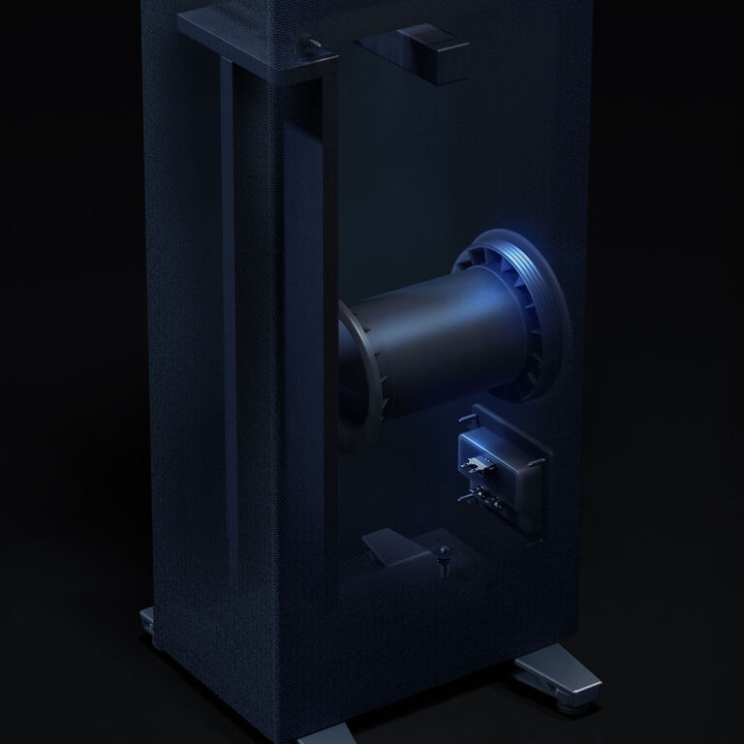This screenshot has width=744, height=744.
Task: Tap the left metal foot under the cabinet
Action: tap(148, 620)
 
